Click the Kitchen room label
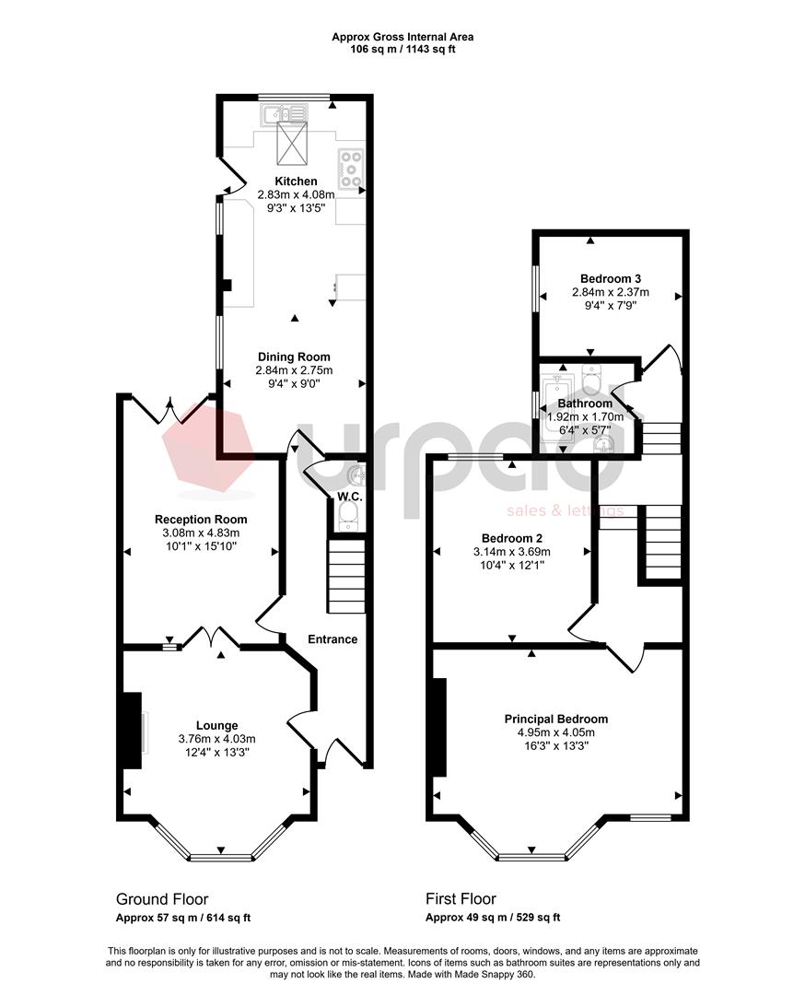(296, 181)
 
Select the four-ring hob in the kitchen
(351, 169)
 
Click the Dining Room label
(294, 357)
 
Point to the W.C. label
(349, 497)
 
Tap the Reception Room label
(201, 519)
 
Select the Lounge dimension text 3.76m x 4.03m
(217, 739)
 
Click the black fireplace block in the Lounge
(132, 731)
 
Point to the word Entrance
(332, 639)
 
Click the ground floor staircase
(346, 576)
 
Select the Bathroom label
(585, 404)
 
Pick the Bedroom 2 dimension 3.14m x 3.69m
(512, 552)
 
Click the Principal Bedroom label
(555, 719)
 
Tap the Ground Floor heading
(162, 898)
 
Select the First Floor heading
(461, 898)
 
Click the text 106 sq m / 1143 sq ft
(402, 49)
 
